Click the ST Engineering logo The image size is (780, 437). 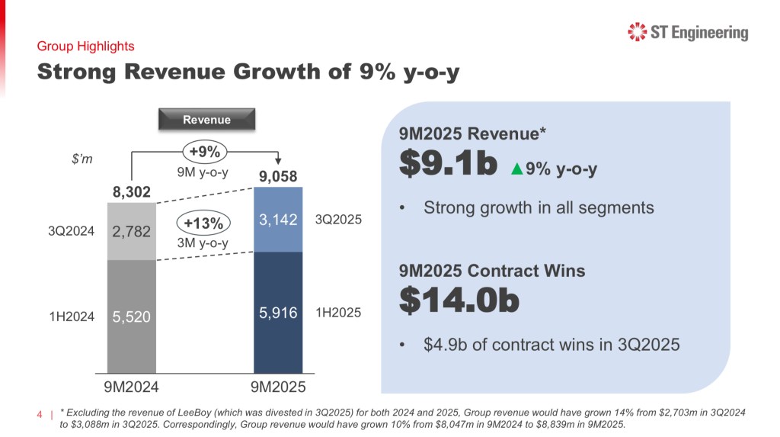(687, 33)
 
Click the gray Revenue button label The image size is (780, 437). (206, 119)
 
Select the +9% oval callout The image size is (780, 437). (205, 151)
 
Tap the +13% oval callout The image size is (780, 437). (203, 223)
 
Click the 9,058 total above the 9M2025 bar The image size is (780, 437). (278, 178)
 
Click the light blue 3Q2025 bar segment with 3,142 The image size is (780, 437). (278, 220)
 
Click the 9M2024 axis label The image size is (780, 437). (131, 386)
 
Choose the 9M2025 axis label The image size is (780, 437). (278, 386)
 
